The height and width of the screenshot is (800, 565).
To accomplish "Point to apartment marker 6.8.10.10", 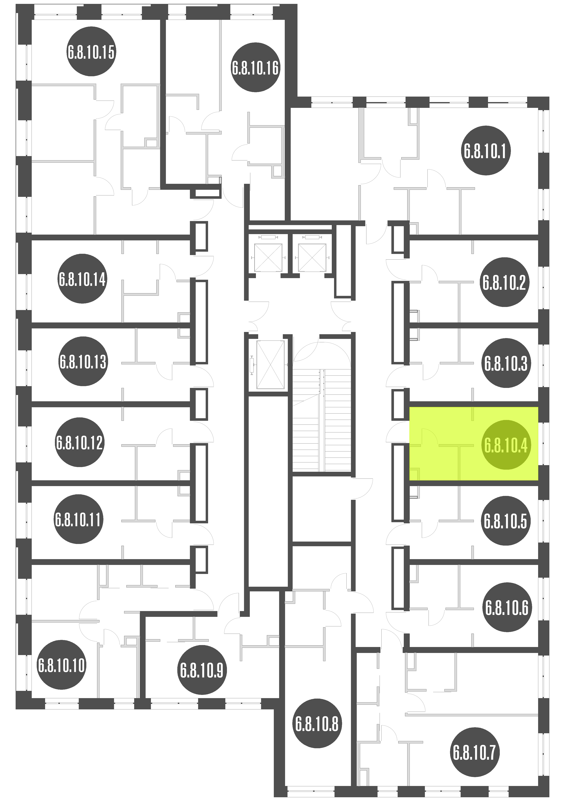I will [61, 665].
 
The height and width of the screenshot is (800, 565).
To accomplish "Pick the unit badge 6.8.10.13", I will [83, 361].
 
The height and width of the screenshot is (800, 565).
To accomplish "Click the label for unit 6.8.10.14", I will [82, 279].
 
